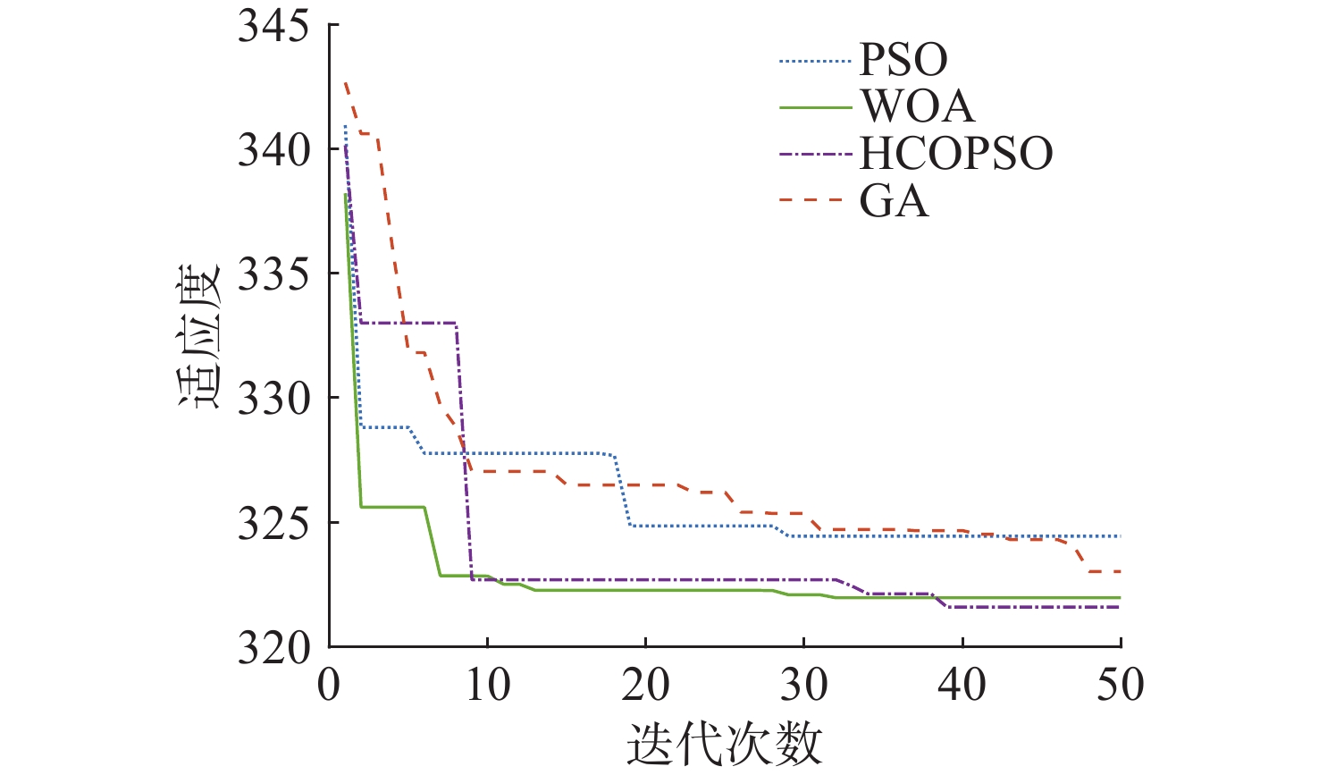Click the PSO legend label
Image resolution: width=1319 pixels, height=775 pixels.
(903, 60)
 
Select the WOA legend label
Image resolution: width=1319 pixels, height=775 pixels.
(917, 107)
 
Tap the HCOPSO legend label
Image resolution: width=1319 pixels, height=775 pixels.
(956, 154)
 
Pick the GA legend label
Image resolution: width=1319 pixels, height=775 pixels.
(894, 201)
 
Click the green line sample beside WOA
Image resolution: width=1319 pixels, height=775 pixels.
(815, 107)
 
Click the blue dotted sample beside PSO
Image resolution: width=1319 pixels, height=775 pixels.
(815, 61)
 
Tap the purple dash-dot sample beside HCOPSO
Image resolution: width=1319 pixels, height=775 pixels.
(815, 154)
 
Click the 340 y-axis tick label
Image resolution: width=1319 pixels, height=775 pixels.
(273, 150)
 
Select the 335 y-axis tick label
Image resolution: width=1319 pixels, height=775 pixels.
(273, 274)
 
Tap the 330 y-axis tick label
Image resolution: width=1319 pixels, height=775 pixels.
(273, 399)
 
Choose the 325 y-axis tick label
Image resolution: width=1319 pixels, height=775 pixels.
(273, 524)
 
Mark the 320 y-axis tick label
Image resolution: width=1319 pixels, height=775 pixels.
(273, 648)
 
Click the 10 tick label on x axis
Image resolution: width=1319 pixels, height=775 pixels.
(487, 686)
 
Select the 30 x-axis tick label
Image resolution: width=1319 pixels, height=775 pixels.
(803, 686)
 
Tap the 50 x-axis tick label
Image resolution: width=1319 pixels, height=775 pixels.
(1120, 686)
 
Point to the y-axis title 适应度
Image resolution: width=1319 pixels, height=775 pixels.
(198, 336)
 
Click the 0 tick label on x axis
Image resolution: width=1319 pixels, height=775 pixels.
(330, 686)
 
